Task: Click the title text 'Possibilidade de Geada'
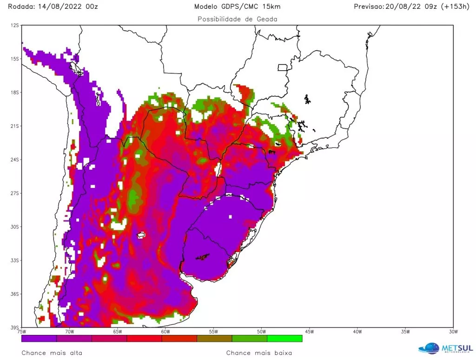(x=238, y=19)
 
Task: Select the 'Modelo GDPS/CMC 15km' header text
(x=238, y=7)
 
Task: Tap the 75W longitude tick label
(x=21, y=332)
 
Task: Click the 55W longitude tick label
(x=213, y=332)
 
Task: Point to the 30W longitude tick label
(x=453, y=332)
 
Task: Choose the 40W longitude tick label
(x=357, y=332)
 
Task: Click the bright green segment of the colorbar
(x=284, y=339)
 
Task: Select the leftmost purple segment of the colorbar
(x=39, y=339)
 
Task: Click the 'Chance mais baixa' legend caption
(x=259, y=353)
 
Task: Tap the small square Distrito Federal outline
(x=282, y=67)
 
